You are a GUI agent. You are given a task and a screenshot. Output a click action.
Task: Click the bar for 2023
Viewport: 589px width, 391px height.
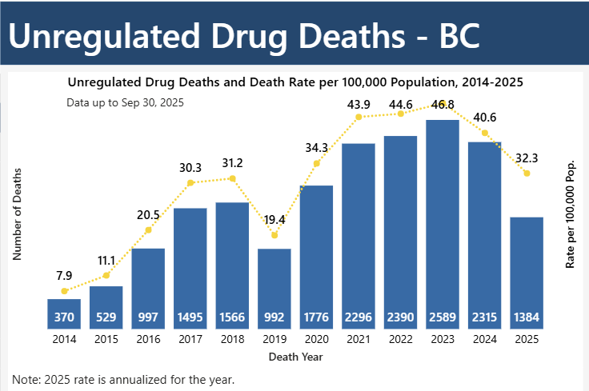[443, 224]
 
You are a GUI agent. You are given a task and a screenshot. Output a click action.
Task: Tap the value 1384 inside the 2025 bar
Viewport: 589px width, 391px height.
[527, 317]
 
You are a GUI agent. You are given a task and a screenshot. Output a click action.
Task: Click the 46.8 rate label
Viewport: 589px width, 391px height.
[442, 105]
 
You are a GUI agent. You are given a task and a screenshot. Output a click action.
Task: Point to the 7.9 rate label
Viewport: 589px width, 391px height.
[64, 276]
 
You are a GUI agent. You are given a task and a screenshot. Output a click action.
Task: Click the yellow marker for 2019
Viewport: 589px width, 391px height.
[274, 235]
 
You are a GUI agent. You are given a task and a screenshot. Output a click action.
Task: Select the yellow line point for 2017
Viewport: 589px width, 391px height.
[190, 183]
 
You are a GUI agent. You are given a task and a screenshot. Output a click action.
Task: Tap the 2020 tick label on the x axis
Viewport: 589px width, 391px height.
[316, 340]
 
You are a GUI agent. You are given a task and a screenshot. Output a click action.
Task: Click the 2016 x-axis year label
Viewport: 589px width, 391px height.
[148, 340]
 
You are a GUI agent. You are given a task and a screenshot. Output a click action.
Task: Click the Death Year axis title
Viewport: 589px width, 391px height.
[294, 356]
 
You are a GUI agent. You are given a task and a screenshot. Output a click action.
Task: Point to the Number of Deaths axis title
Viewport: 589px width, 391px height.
[17, 213]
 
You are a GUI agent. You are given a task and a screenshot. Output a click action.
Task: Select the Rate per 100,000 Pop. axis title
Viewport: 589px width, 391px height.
[571, 213]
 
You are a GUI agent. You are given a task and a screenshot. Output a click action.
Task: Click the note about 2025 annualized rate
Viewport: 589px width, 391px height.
[123, 379]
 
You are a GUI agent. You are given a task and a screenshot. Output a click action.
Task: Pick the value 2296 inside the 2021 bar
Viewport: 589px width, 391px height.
[359, 317]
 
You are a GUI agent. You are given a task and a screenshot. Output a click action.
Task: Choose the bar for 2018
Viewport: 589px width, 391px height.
[232, 265]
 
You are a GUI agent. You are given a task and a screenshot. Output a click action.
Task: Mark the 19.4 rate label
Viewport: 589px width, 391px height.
[274, 218]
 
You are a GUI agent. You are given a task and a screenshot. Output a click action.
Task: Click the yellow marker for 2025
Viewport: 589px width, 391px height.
[527, 174]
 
